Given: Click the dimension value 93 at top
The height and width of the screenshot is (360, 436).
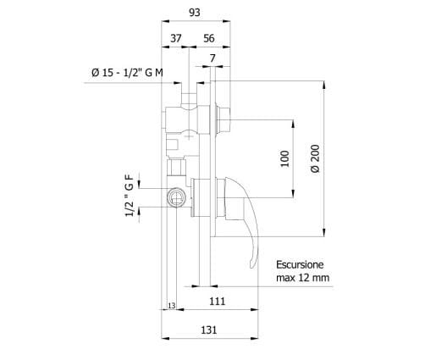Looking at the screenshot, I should tap(195, 13).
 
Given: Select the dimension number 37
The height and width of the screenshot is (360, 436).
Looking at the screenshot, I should tap(176, 38).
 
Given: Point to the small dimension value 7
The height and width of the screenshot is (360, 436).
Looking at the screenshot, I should tap(212, 58).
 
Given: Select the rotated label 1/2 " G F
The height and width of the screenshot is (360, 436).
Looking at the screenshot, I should tap(130, 197).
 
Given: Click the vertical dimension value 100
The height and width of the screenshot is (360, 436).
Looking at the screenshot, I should tap(284, 158).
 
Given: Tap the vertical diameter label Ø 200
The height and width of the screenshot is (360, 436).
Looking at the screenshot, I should tap(315, 158).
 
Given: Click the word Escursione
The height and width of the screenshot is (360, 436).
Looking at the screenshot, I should tap(301, 263).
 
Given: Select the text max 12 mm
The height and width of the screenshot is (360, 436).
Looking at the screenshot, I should tap(302, 277).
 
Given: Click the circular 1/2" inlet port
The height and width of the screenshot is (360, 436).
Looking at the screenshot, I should tap(176, 197).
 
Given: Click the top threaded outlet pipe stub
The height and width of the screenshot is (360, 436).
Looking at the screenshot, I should tap(190, 96).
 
